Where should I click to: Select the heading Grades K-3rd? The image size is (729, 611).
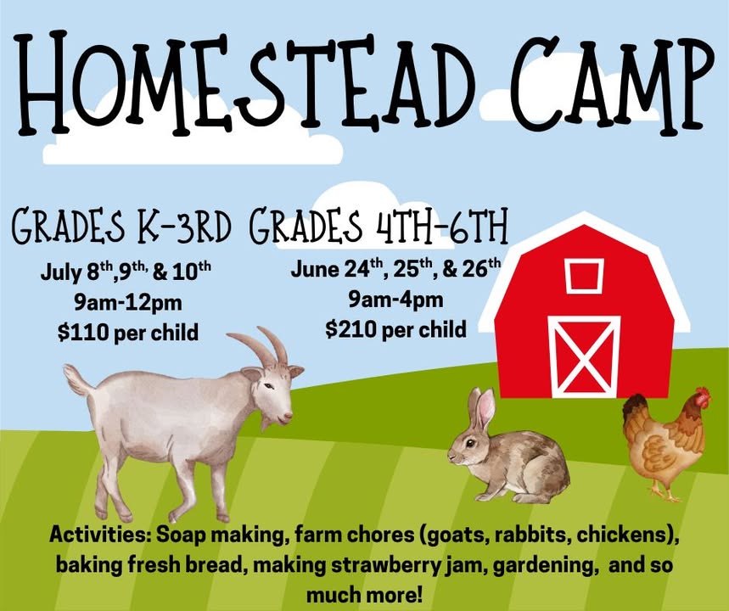point(121,227)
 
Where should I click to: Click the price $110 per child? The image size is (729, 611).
point(128,333)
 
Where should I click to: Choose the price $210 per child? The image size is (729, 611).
point(396,329)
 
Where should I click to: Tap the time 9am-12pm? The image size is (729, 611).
point(128,303)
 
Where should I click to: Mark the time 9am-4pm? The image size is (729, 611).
point(396,300)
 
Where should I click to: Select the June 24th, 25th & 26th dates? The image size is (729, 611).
point(396,268)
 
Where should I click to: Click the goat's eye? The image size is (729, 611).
point(268,386)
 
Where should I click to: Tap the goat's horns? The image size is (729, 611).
point(261,346)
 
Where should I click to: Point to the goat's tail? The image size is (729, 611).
point(77,379)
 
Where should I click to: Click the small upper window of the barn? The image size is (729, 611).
point(585,276)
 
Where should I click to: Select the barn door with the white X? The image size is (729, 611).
point(584,356)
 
